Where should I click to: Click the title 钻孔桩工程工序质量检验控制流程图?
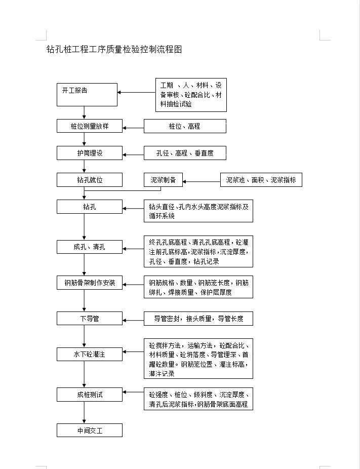click(x=114, y=49)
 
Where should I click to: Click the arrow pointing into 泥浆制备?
click(x=202, y=181)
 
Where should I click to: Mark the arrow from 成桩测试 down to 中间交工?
click(x=84, y=412)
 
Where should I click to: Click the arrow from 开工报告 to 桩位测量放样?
click(x=84, y=112)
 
